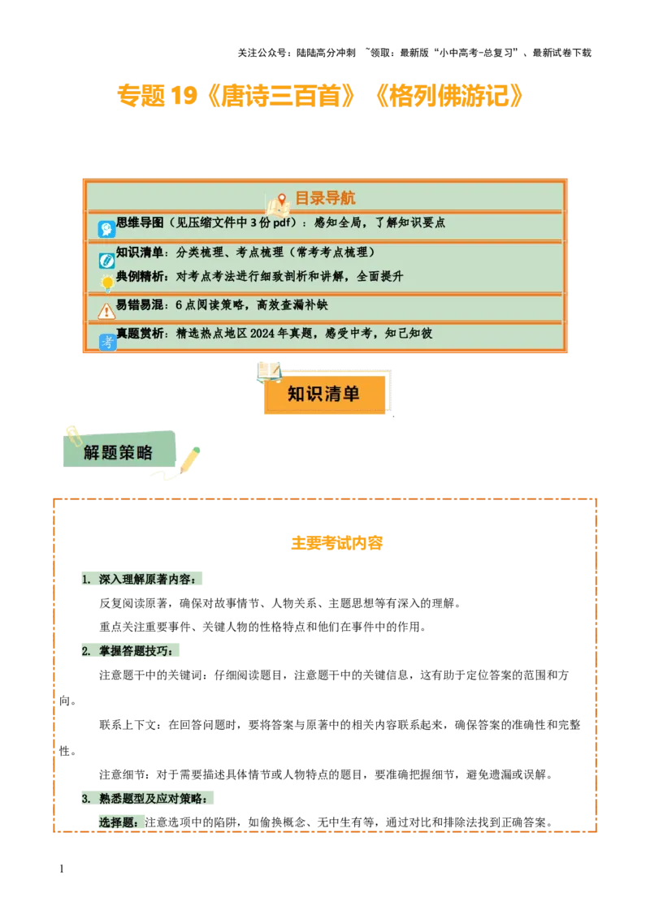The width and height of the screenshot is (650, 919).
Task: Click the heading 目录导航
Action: pos(324,198)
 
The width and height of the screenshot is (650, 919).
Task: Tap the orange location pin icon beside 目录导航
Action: pos(282,200)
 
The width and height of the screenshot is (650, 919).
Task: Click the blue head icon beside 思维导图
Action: pos(106,230)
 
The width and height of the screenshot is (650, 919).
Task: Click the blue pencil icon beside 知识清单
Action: pos(106,261)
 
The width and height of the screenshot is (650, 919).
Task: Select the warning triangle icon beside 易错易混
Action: pos(106,311)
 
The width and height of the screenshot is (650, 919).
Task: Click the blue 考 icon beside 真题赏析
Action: pos(107,343)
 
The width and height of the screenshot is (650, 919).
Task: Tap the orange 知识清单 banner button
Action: pos(323,395)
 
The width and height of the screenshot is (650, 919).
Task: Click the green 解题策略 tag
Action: pos(119,452)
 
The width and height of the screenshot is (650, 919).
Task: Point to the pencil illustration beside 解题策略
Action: pos(189,460)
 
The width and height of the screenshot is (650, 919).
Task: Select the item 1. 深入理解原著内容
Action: pos(144,580)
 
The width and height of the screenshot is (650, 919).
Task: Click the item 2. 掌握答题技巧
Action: pos(130,651)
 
